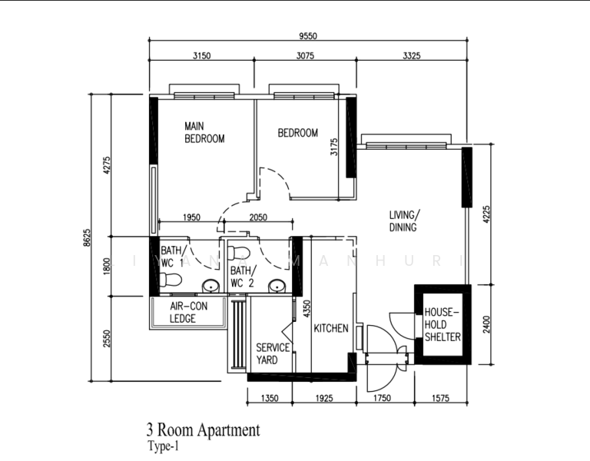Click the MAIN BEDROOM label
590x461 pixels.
(204, 132)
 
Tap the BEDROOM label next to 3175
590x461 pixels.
(297, 133)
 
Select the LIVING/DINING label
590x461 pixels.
(403, 221)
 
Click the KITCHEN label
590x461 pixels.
(331, 328)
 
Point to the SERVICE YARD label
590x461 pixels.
(273, 353)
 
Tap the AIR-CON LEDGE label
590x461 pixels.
(187, 312)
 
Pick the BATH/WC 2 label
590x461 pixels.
(241, 277)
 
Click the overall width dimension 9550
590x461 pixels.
(307, 35)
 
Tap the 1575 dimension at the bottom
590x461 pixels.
(441, 398)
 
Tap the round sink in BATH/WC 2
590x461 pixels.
(277, 287)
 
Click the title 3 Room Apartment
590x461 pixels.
(203, 430)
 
